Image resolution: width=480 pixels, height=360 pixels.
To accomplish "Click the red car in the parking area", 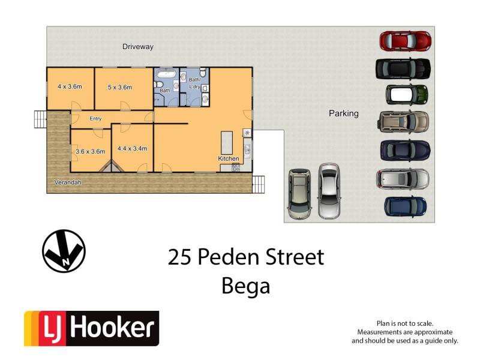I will click(x=405, y=41).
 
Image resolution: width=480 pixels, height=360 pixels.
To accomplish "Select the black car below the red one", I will click(x=403, y=69).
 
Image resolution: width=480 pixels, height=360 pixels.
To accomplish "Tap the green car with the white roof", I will click(x=406, y=94).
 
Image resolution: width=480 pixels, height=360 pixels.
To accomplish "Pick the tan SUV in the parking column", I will click(x=404, y=122).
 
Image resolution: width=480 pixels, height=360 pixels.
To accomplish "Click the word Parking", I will click(x=343, y=113).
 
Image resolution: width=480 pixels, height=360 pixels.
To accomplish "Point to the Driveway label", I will click(x=138, y=46).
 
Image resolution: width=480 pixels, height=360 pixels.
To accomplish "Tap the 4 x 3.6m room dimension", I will click(x=70, y=87).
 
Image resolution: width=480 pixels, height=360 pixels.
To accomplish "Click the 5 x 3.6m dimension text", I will click(x=119, y=87).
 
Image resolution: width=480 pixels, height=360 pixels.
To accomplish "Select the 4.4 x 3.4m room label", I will click(x=132, y=148).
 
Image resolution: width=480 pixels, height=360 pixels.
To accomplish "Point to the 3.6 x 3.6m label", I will click(x=91, y=151).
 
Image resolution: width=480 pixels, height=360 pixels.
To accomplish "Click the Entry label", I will click(x=95, y=118).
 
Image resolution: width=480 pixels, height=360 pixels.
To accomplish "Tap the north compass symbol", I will click(x=64, y=251).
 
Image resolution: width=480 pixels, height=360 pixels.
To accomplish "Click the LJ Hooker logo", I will click(x=91, y=328).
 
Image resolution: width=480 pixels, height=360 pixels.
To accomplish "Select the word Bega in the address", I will click(x=246, y=286).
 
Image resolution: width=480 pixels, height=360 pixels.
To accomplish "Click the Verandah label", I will click(x=68, y=182).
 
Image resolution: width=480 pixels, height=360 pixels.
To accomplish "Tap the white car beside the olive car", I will click(x=328, y=191).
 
